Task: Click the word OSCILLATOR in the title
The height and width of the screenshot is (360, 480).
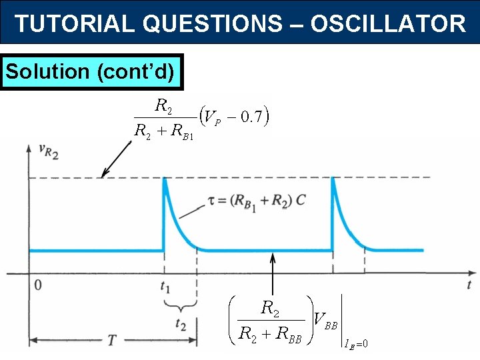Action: coord(388,24)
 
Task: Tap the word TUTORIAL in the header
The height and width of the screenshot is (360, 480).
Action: coord(75,24)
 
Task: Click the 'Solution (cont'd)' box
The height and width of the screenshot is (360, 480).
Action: coord(92,71)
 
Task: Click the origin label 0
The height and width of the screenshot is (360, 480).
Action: coord(38,285)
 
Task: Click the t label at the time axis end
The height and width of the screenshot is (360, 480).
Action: coord(469,285)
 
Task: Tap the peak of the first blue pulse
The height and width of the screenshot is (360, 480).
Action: coord(165,179)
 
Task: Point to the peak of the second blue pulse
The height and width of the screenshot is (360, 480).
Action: coord(333,179)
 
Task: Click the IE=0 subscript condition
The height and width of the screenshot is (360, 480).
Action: coord(356,344)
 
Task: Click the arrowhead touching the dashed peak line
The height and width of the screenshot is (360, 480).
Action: coord(103,174)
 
